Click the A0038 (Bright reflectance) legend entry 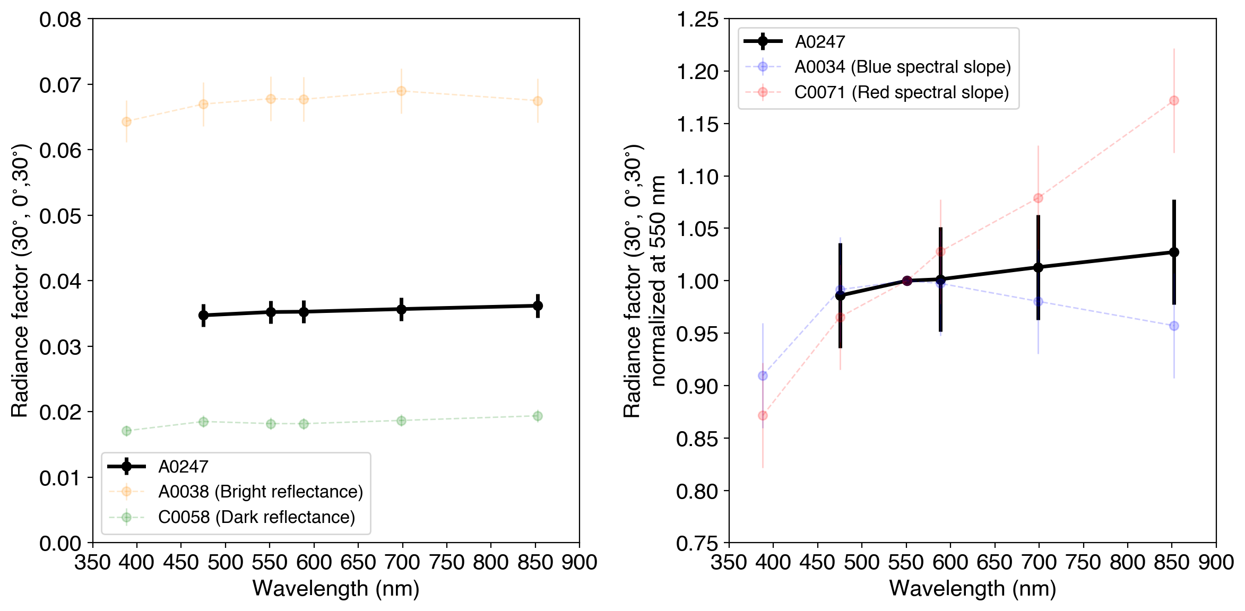click(260, 492)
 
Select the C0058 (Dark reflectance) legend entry click(256, 517)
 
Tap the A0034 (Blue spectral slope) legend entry click(902, 67)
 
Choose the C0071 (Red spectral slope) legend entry click(901, 92)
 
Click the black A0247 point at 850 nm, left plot click(538, 306)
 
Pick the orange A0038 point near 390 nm click(126, 121)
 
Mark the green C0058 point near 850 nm click(538, 416)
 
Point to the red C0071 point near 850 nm click(1174, 101)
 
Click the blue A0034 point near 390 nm click(763, 376)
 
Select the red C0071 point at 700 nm click(1038, 198)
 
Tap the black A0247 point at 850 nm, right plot click(1174, 252)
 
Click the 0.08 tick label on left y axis click(60, 20)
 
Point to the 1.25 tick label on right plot click(697, 20)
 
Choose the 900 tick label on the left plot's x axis click(579, 562)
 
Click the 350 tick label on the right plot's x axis click(729, 562)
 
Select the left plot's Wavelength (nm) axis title click(336, 589)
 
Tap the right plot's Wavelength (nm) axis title click(972, 589)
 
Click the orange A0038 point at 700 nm click(401, 91)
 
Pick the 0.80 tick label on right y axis click(697, 492)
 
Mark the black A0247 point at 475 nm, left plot click(203, 315)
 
